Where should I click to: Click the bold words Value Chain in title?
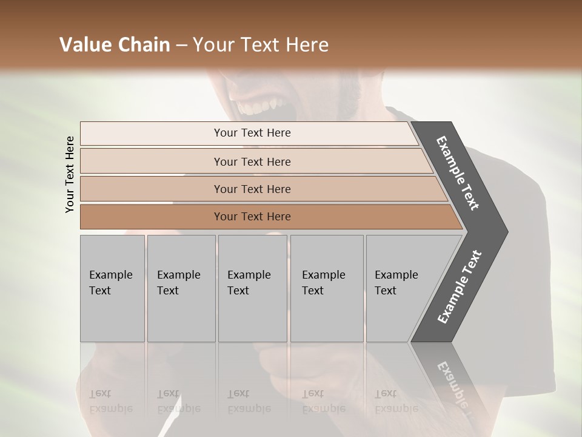coord(115,45)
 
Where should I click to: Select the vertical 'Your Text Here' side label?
coord(70,174)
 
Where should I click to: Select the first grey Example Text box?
coord(112,288)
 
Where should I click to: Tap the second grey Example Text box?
coord(181,288)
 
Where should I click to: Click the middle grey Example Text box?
coord(252,288)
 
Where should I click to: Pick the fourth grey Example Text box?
coord(326,288)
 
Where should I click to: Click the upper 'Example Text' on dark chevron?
coord(458,173)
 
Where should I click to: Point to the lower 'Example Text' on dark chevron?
coord(460,286)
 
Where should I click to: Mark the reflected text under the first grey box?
coord(110,401)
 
